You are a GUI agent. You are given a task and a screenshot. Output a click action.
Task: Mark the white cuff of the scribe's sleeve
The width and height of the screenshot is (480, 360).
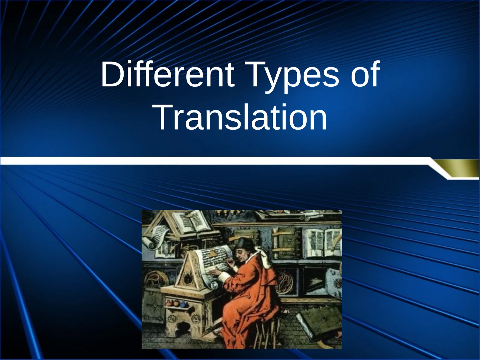[223, 277]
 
